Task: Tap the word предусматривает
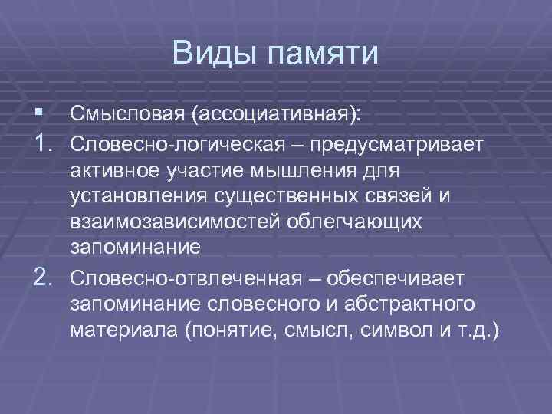[397, 143]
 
